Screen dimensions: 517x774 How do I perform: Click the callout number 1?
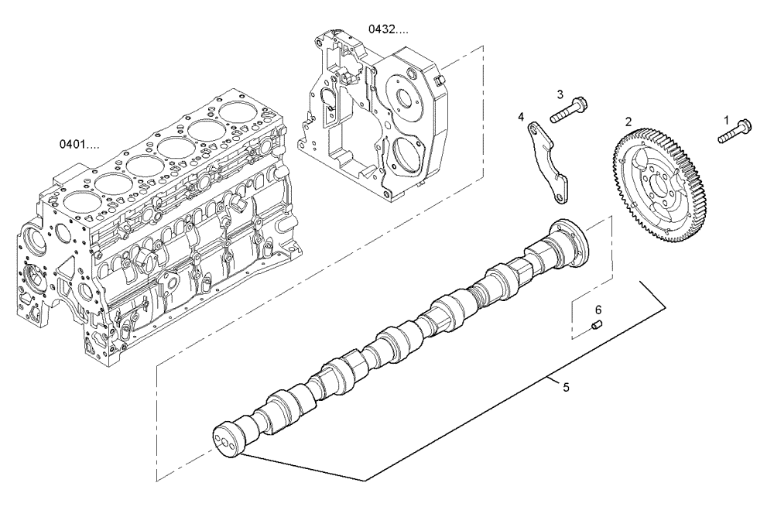[x=726, y=120]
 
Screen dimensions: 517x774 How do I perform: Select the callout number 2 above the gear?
[x=628, y=122]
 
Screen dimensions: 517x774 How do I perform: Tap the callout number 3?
[x=560, y=94]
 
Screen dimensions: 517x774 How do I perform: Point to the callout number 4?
[x=522, y=117]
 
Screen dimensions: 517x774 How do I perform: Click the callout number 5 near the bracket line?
[x=566, y=385]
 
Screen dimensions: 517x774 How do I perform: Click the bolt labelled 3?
[x=568, y=110]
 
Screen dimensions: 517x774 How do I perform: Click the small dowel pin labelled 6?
[x=597, y=327]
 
